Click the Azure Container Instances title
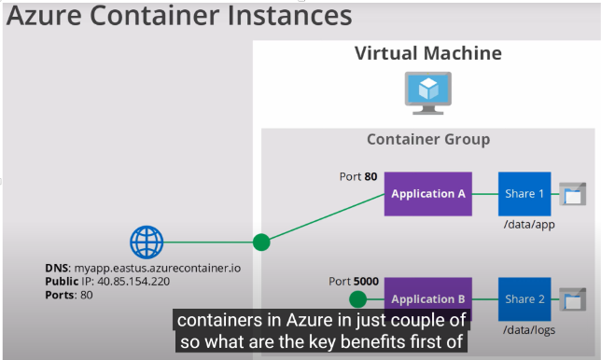pyautogui.click(x=179, y=16)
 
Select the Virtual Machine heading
pyautogui.click(x=428, y=53)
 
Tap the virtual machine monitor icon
pyautogui.click(x=428, y=93)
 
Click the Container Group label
pyautogui.click(x=428, y=139)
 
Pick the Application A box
pyautogui.click(x=428, y=194)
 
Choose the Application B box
pyautogui.click(x=428, y=298)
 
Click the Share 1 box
pyautogui.click(x=524, y=194)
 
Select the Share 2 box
pyautogui.click(x=524, y=298)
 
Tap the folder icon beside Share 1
pyautogui.click(x=573, y=194)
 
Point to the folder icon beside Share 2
pyautogui.click(x=573, y=299)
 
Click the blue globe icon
pyautogui.click(x=147, y=242)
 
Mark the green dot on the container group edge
pyautogui.click(x=261, y=242)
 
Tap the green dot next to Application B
pyautogui.click(x=358, y=299)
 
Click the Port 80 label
pyautogui.click(x=358, y=176)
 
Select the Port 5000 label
pyautogui.click(x=354, y=282)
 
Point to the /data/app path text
pyautogui.click(x=529, y=225)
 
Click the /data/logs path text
pyautogui.click(x=529, y=330)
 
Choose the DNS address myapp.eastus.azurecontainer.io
pyautogui.click(x=158, y=268)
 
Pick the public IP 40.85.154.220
pyautogui.click(x=133, y=282)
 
